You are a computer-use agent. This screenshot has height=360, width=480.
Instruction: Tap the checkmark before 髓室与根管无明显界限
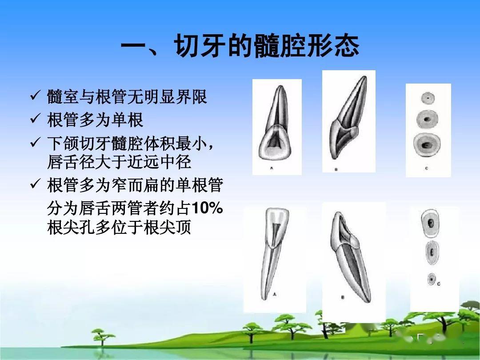click(x=35, y=96)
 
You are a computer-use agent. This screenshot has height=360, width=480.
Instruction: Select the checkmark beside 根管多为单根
click(x=35, y=119)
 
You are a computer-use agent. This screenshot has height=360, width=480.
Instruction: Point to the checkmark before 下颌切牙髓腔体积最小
click(x=35, y=143)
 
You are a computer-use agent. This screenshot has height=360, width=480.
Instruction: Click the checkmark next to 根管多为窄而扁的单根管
click(x=35, y=185)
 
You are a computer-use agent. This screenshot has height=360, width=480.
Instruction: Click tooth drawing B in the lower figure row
click(x=351, y=258)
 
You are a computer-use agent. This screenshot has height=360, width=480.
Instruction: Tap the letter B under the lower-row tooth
click(x=343, y=297)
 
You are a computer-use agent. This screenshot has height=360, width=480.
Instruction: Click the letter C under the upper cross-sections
click(x=426, y=168)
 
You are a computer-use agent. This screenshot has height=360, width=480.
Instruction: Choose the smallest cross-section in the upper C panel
click(x=428, y=98)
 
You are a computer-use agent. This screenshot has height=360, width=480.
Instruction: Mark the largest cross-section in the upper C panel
click(x=428, y=145)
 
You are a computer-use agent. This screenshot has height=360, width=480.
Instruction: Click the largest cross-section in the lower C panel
click(x=430, y=224)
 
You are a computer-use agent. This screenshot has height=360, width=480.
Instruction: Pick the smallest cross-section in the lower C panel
click(x=430, y=279)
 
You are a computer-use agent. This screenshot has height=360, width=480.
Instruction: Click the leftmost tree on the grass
click(x=103, y=334)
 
